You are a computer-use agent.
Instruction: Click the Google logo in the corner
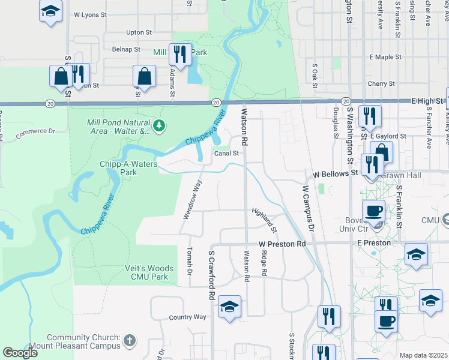(x=20, y=352)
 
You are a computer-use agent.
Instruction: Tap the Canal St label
(x=228, y=153)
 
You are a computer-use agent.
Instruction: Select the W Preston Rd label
(x=282, y=244)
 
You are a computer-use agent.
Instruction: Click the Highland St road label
(x=265, y=220)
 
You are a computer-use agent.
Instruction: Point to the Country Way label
(x=188, y=317)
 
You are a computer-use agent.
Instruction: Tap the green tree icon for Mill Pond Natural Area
(x=159, y=125)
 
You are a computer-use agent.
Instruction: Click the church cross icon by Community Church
(x=130, y=342)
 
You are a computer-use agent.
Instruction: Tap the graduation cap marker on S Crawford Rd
(x=229, y=307)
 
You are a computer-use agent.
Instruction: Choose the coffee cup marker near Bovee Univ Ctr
(x=374, y=211)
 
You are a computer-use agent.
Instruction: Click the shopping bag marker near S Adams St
(x=144, y=77)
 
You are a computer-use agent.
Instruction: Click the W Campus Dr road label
(x=308, y=207)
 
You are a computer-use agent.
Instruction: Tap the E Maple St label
(x=385, y=57)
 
